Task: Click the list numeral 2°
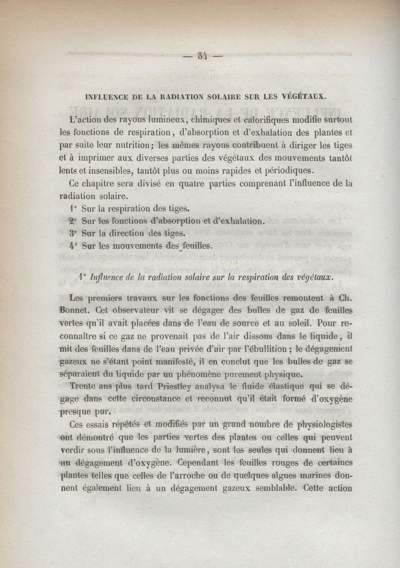73,220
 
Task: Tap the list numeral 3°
73,233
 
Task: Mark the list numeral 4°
73,245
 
